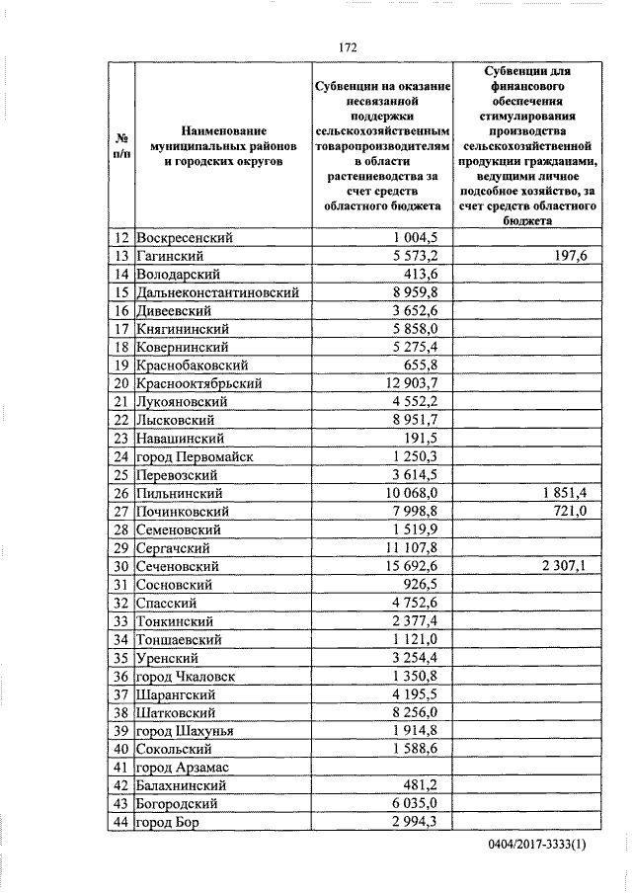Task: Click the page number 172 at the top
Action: pyautogui.click(x=347, y=46)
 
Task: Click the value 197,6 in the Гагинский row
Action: pyautogui.click(x=570, y=256)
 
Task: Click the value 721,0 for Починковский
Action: pyautogui.click(x=570, y=511)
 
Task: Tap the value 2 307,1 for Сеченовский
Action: pyautogui.click(x=562, y=566)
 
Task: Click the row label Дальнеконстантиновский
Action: pyautogui.click(x=218, y=292)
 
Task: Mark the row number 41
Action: pyautogui.click(x=121, y=767)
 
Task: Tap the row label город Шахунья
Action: pyautogui.click(x=188, y=730)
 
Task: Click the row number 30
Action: pyautogui.click(x=121, y=566)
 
